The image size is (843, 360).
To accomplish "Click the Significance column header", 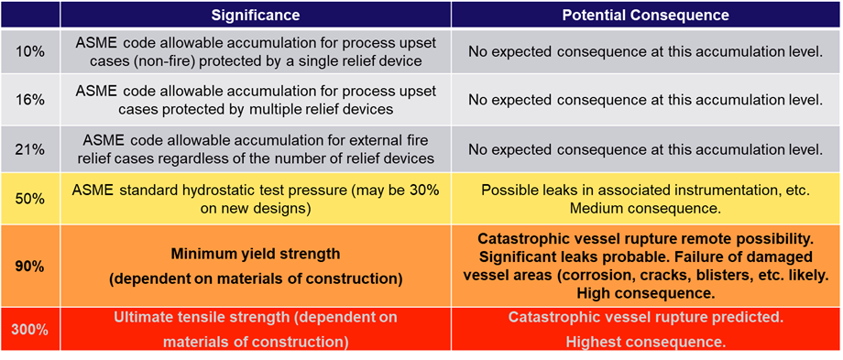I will click(x=256, y=16).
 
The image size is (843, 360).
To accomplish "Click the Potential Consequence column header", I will click(x=645, y=16).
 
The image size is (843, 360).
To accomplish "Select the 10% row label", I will click(x=30, y=51).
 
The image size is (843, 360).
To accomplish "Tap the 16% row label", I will click(x=30, y=100).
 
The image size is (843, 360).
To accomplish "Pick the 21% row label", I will click(x=30, y=148).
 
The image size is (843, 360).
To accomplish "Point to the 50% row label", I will click(x=30, y=198).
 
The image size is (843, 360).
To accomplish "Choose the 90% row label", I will click(x=30, y=266).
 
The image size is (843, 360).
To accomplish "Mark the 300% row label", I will click(x=30, y=329).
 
